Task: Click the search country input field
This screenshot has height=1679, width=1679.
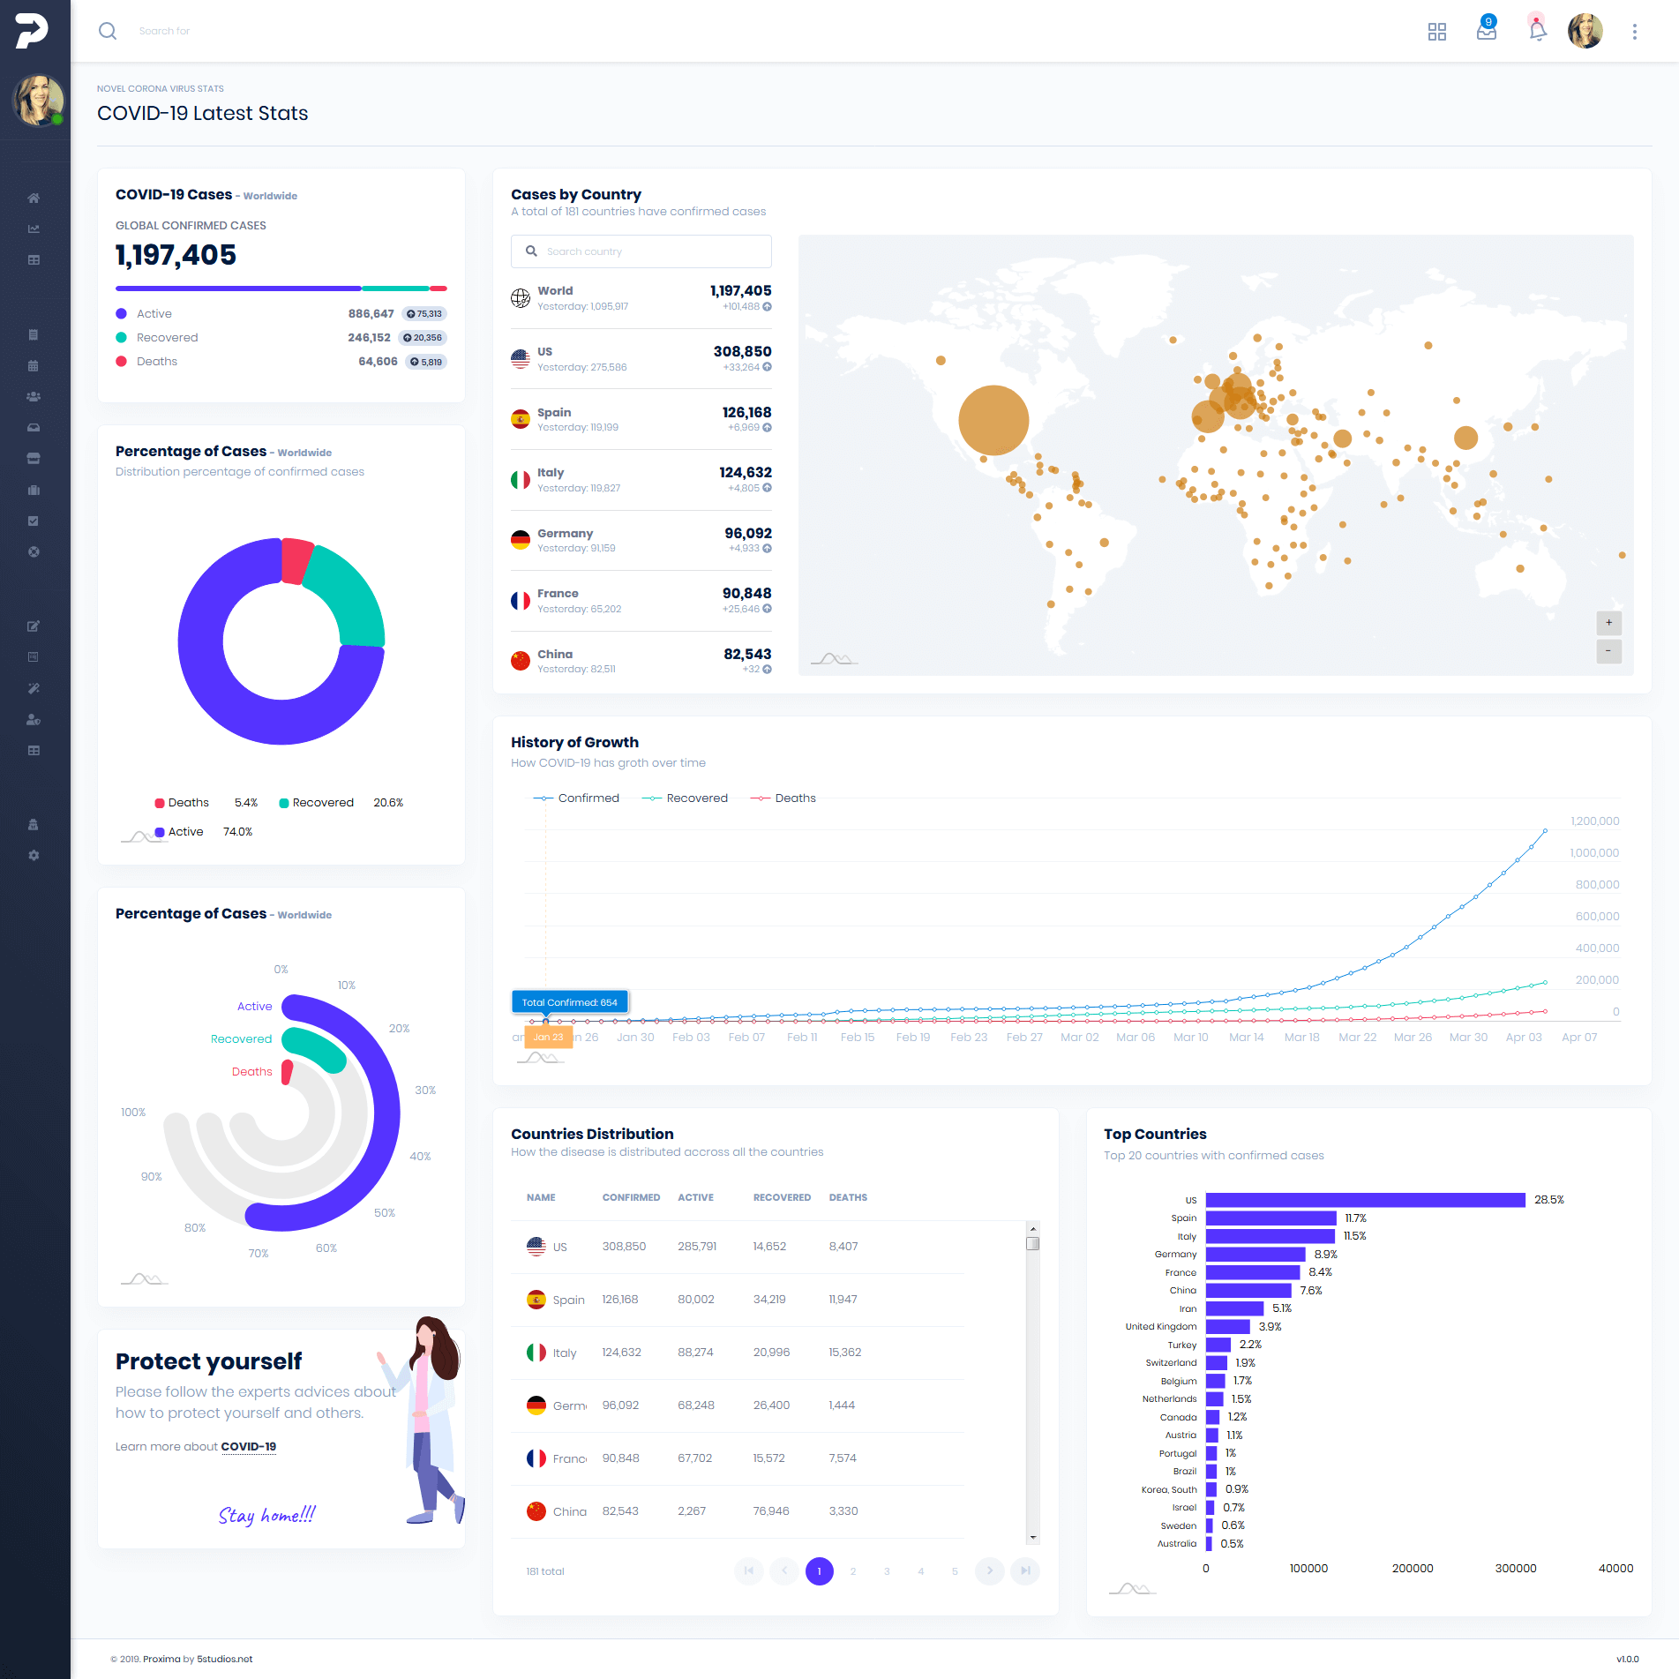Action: [x=653, y=251]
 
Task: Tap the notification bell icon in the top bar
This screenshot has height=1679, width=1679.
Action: [x=1537, y=31]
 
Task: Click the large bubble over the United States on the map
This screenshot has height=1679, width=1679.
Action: [x=993, y=420]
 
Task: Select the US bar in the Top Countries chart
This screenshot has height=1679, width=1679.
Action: [x=1365, y=1200]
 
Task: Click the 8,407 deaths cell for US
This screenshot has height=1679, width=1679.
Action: [x=843, y=1247]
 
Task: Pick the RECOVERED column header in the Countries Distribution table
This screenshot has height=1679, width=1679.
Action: [x=782, y=1197]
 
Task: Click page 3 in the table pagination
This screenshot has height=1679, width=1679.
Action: [x=887, y=1571]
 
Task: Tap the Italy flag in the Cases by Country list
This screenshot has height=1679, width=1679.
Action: [x=521, y=480]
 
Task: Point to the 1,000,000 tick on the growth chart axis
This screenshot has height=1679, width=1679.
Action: [x=1594, y=853]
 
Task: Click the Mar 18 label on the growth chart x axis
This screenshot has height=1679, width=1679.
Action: [x=1301, y=1038]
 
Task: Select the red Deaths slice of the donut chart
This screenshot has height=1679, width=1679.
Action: [x=296, y=560]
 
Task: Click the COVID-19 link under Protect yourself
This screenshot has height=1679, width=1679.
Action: [x=248, y=1447]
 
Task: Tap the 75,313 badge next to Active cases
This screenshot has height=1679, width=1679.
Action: [x=424, y=314]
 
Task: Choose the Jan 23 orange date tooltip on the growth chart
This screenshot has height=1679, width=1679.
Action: [x=548, y=1038]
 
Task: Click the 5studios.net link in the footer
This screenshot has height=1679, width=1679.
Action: [x=224, y=1660]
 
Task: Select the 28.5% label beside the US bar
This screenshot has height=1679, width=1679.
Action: [x=1548, y=1200]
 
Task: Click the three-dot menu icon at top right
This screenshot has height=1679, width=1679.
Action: [x=1634, y=31]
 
